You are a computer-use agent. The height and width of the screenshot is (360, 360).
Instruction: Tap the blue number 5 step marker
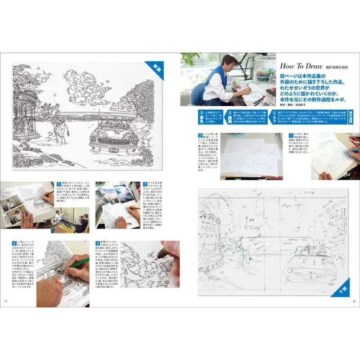59,184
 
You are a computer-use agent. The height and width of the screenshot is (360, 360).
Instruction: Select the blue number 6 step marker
13,243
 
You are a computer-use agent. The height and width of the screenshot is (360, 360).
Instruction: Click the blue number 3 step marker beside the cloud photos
144,184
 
